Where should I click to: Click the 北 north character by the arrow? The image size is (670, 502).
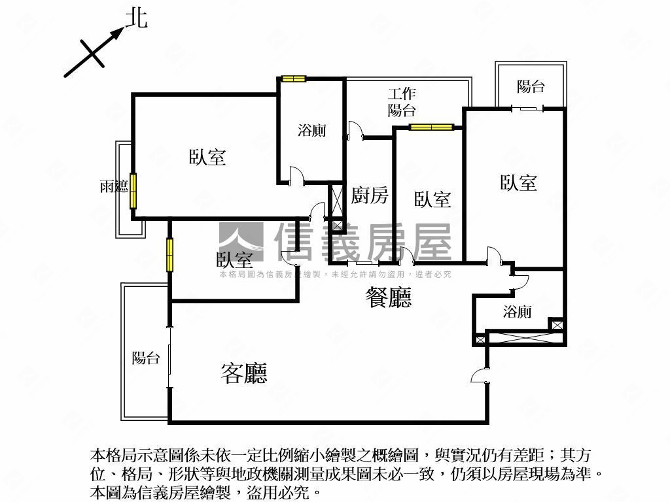coord(136,19)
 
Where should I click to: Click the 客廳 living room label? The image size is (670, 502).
coord(244,373)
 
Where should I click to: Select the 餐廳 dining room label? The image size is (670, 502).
coord(389,297)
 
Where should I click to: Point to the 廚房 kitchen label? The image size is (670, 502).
coord(370,195)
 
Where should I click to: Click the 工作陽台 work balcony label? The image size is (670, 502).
coord(402,102)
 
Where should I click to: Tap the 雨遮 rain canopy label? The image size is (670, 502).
coord(114,186)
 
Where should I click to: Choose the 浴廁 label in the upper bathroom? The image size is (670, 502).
coord(312,130)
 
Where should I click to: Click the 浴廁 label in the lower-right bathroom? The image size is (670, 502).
coord(517,312)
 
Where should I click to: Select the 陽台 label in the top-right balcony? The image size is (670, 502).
coord(531,87)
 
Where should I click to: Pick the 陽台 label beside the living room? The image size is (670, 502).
coord(146,358)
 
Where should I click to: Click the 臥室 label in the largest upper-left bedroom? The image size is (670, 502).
coord(207,157)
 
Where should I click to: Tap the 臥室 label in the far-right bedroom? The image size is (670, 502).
coord(518,182)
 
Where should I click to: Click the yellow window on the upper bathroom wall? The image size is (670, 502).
coord(294,79)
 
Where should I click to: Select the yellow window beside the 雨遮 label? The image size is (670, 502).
coord(133,190)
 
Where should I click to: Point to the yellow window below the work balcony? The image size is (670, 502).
coord(431,127)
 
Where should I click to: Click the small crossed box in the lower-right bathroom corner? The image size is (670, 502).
coord(557,325)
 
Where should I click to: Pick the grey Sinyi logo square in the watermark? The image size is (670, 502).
coord(241,242)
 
